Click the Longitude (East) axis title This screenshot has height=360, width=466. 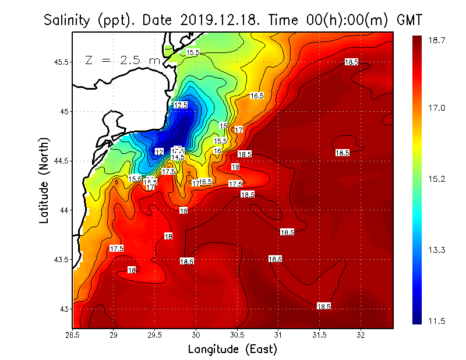(232, 350)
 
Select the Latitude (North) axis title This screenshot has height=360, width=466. (44, 180)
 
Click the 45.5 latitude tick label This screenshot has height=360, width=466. (60, 62)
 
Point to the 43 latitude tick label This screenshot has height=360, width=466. (64, 309)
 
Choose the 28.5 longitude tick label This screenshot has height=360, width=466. (73, 336)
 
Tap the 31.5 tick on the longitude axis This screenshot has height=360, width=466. (319, 336)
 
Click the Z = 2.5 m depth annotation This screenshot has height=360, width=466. (122, 60)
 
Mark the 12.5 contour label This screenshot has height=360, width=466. (181, 105)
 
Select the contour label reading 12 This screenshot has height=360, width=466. (159, 152)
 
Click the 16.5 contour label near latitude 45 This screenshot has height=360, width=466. (257, 96)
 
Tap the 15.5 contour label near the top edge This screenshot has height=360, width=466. (193, 53)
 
